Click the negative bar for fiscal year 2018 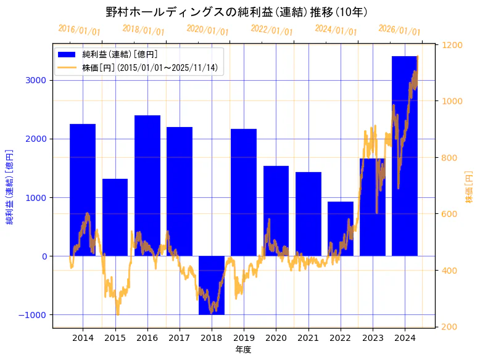pos(212,285)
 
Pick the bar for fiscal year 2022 pos(341,229)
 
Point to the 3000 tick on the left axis pos(38,80)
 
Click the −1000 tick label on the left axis pos(35,315)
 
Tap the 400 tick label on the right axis pos(449,271)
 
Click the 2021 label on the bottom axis pos(308,338)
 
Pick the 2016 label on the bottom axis pos(147,338)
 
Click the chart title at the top pos(237,12)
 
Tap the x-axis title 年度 pos(243,350)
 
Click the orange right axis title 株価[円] pos(469,187)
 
